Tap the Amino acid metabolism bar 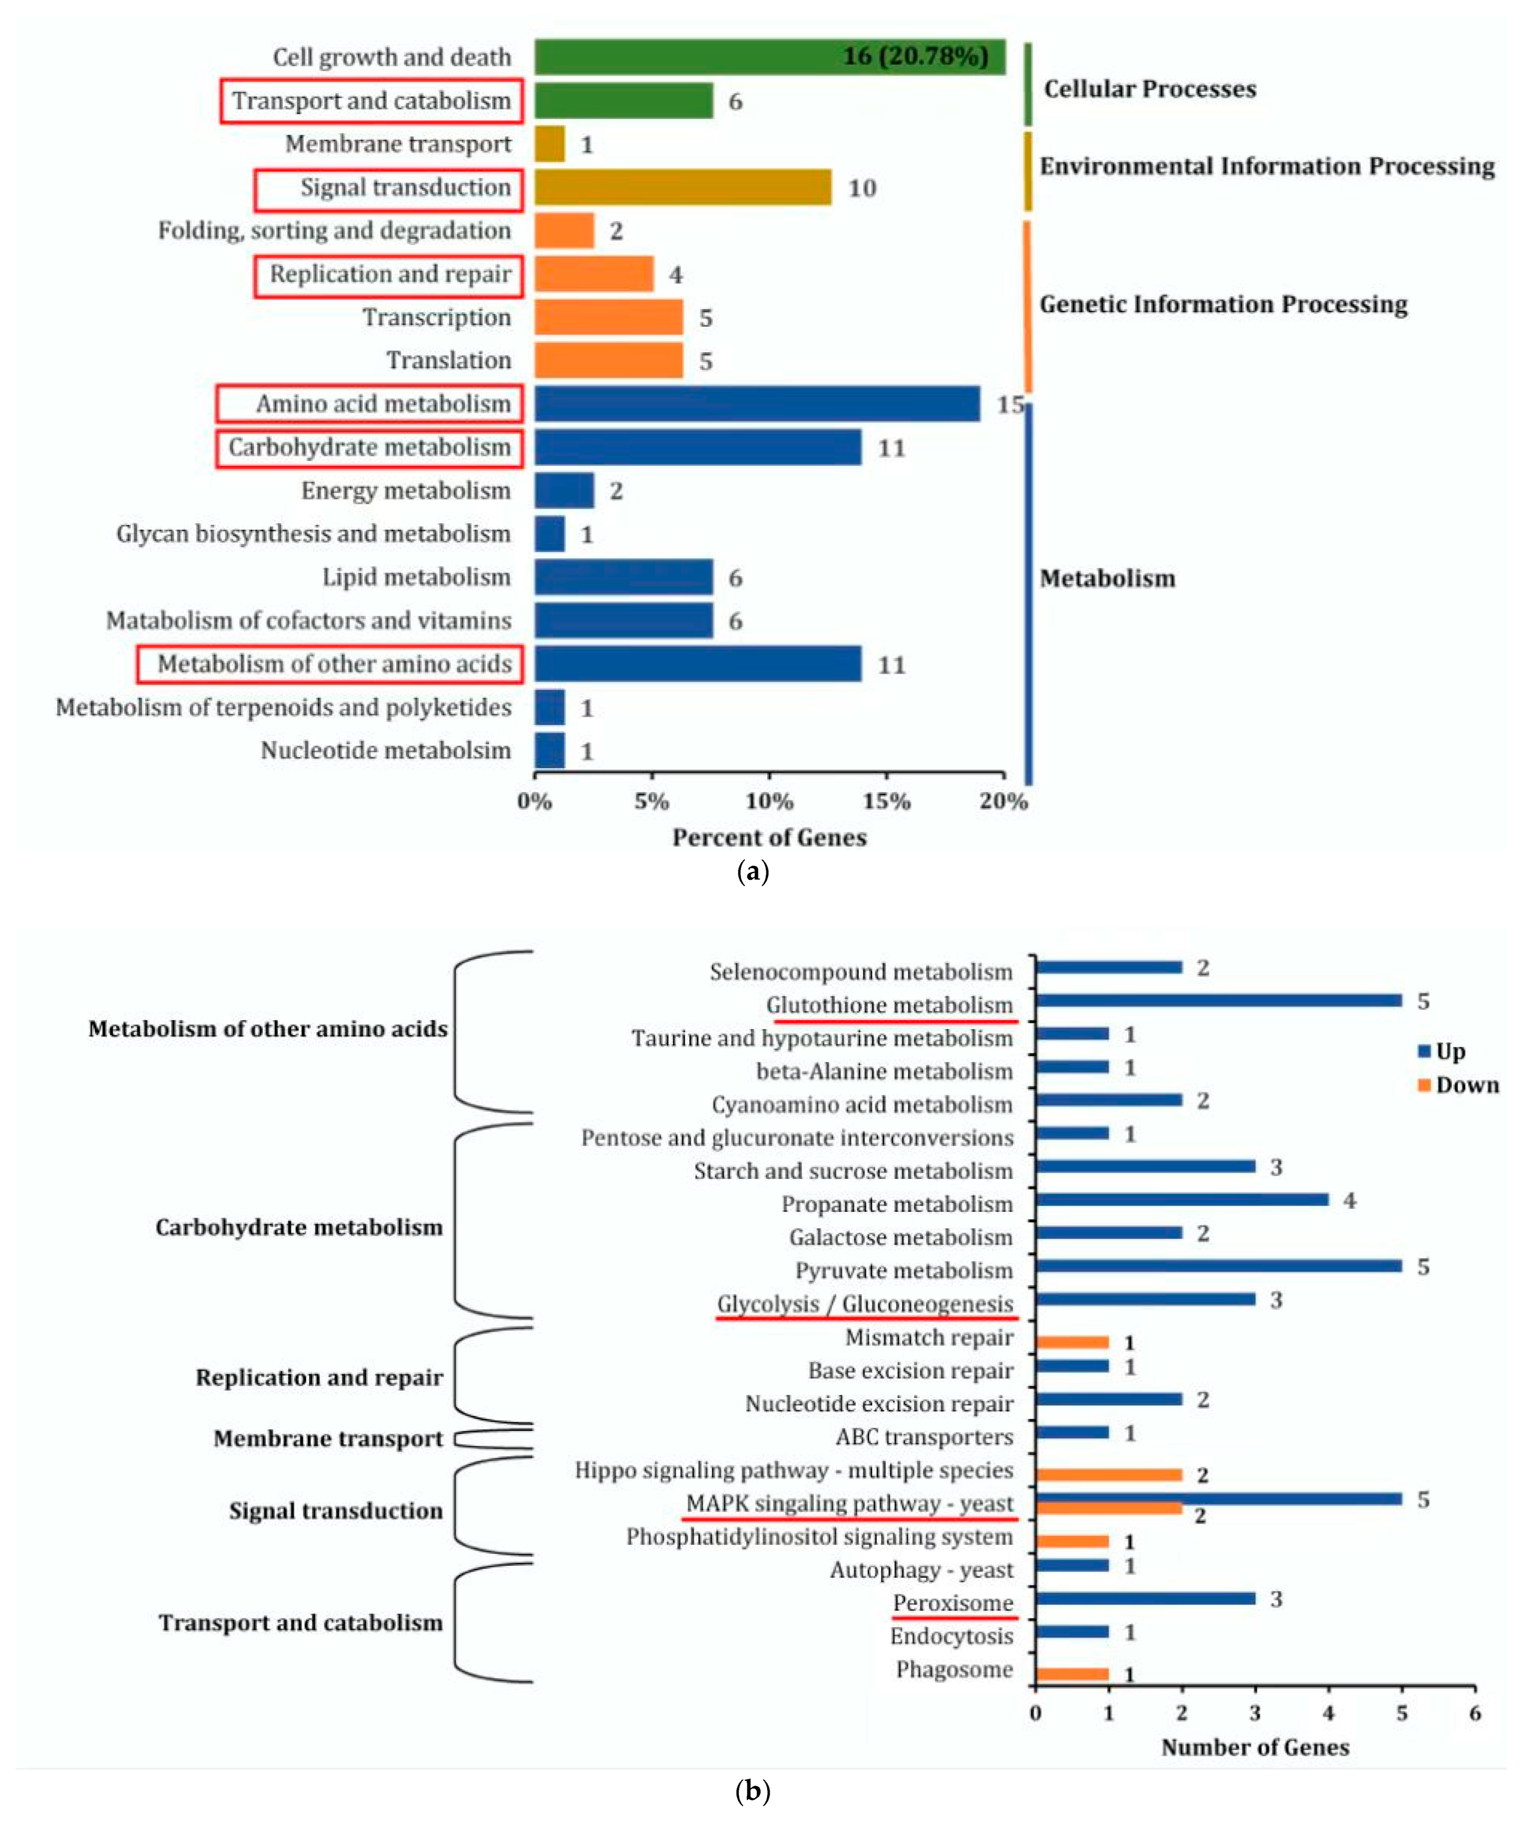tap(756, 404)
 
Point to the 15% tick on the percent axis tap(886, 801)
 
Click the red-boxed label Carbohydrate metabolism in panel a tap(370, 447)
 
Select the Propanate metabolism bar tap(1181, 1200)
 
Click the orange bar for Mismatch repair tap(1072, 1342)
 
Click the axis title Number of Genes tap(1255, 1747)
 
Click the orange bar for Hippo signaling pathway tap(1109, 1475)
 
